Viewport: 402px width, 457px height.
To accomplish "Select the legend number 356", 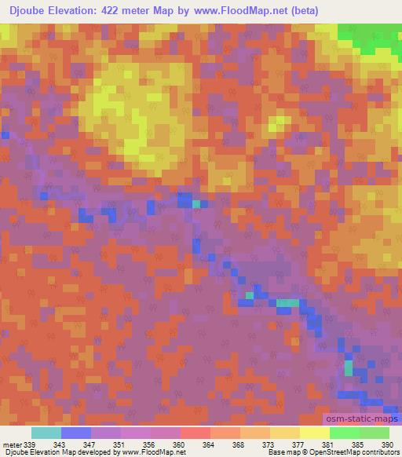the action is (150, 444).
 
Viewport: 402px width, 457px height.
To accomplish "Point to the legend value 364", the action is (210, 444).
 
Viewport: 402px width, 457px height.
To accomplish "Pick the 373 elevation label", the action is (269, 444).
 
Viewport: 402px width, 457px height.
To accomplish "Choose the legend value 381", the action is (329, 444).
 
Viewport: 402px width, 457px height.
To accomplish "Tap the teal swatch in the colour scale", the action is (46, 433).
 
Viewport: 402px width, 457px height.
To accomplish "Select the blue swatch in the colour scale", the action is (75, 433).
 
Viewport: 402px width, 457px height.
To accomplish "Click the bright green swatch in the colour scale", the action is (344, 433).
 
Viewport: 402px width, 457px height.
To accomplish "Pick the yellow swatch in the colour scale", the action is (314, 433).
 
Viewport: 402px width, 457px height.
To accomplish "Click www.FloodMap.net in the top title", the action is (243, 10).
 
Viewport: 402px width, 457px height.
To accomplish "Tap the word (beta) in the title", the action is (301, 10).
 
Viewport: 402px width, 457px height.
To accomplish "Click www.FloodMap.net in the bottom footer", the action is (154, 453).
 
